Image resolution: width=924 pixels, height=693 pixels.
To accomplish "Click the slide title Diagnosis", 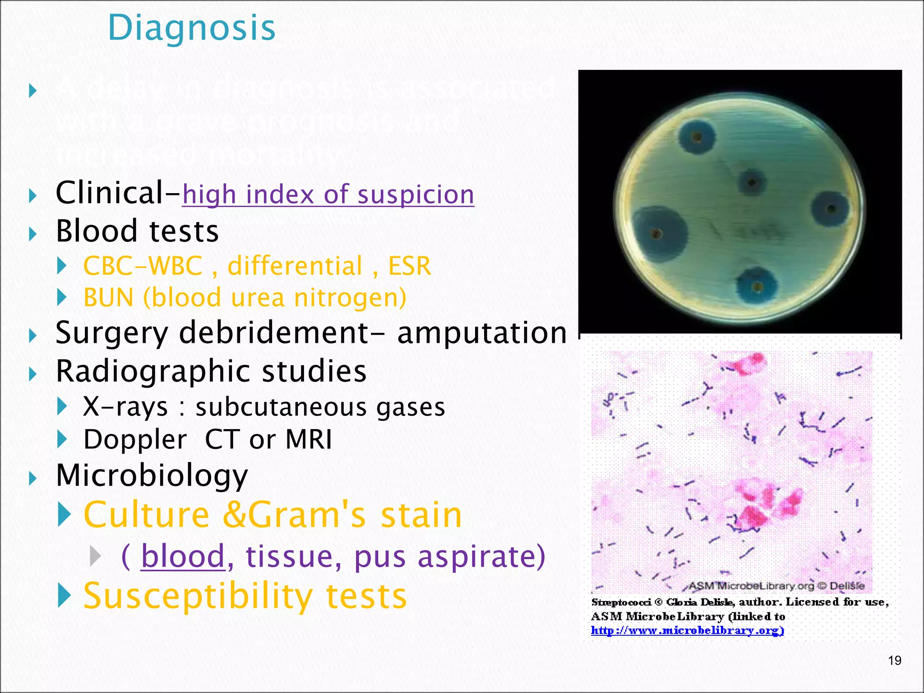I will [192, 28].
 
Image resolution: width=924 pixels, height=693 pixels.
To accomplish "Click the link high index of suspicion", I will [328, 194].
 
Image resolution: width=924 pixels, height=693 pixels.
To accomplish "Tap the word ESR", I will [409, 266].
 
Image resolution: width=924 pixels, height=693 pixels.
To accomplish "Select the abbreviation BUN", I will [109, 298].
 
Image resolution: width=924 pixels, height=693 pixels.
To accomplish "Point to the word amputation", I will [482, 333].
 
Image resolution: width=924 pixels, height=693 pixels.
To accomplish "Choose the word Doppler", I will [135, 439].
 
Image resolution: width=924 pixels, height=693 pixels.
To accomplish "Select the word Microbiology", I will [152, 476].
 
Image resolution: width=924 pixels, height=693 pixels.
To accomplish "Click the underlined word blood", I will [183, 556].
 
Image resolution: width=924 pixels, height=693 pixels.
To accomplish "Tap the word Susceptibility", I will [198, 596].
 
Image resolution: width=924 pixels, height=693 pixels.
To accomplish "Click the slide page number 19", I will [894, 661].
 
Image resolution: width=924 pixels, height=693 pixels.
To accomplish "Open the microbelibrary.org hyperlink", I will [687, 630].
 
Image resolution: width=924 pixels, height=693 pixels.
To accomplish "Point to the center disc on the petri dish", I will [752, 182].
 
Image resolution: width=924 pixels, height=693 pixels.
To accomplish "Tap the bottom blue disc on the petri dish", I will [757, 286].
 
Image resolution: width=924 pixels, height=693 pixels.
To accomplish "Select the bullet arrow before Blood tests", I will [32, 233].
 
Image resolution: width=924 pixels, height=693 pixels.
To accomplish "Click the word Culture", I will [147, 515].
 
